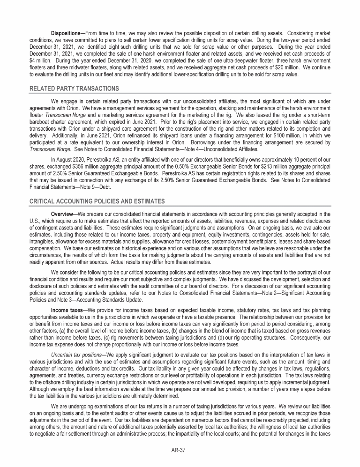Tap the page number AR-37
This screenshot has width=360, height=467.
[180, 452]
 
